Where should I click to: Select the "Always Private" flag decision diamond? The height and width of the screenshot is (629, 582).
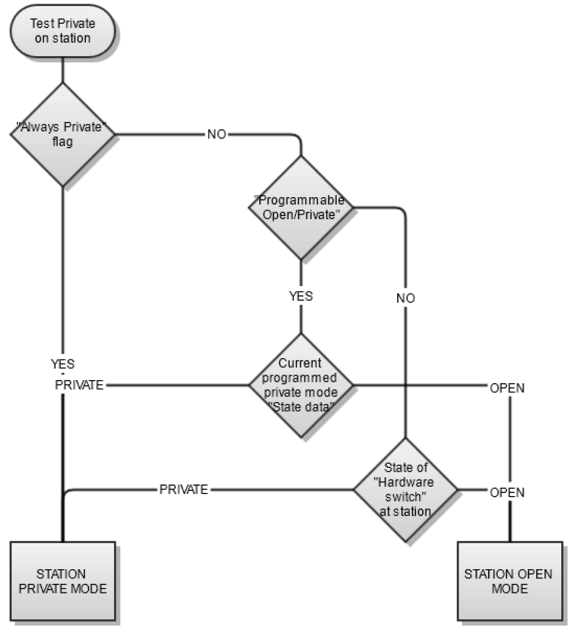[x=63, y=134]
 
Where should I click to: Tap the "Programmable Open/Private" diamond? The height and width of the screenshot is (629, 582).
[x=301, y=207]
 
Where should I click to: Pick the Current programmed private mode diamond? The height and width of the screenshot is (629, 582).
[x=301, y=384]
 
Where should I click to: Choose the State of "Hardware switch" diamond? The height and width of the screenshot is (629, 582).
[x=405, y=489]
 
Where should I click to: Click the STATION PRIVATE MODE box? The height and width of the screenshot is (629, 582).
[x=63, y=581]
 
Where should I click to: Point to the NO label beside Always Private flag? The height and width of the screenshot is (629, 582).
[x=216, y=134]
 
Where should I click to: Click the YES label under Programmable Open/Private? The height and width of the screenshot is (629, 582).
[x=300, y=297]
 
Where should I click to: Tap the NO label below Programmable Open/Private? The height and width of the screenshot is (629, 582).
[x=405, y=298]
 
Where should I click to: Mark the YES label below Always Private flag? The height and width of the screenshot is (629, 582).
[x=63, y=364]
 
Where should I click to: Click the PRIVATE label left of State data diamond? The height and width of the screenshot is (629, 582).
[x=79, y=386]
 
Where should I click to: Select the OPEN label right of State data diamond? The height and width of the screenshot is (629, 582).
[x=507, y=388]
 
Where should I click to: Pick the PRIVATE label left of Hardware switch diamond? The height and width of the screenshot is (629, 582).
[x=184, y=489]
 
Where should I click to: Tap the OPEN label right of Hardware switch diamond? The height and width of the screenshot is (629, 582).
[x=507, y=492]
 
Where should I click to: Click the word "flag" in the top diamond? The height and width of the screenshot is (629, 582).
[x=63, y=143]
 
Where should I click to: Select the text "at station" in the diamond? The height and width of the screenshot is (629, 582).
[x=405, y=511]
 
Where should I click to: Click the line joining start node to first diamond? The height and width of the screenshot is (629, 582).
[x=63, y=71]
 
